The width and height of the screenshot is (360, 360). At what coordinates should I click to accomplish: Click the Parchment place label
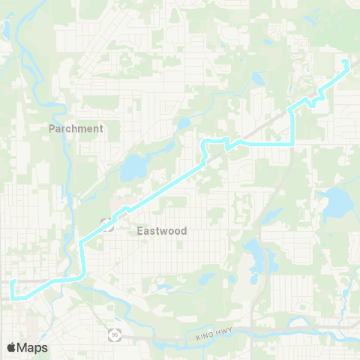[x=76, y=128]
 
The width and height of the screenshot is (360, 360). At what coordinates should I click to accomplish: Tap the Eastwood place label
[x=162, y=231]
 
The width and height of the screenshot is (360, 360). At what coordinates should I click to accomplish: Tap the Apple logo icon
[x=12, y=347]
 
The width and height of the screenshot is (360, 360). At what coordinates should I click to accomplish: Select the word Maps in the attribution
[x=32, y=347]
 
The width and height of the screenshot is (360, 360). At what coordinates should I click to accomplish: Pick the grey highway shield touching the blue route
[x=106, y=223]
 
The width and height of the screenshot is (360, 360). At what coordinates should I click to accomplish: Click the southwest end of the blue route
[x=12, y=282]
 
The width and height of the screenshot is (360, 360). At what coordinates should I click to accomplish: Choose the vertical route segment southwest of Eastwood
[x=82, y=259]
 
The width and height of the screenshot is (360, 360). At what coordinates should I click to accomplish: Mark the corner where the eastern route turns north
[x=291, y=142]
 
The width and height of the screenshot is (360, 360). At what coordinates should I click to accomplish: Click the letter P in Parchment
[x=52, y=128]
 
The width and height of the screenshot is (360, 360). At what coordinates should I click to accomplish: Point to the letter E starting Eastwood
[x=140, y=231]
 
